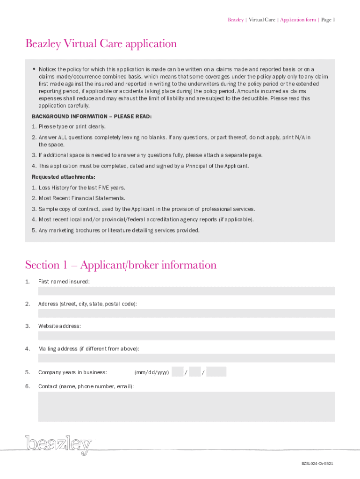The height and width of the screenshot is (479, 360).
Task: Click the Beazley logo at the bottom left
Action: (58, 445)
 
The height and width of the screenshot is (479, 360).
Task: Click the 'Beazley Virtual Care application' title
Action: (101, 44)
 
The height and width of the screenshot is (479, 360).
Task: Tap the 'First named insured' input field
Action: (186, 291)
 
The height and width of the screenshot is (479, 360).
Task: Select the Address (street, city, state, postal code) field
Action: (186, 313)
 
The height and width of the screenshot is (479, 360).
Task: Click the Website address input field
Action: (186, 336)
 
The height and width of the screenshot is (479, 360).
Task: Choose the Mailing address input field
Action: (186, 358)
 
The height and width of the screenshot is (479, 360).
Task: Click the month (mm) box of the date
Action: (177, 372)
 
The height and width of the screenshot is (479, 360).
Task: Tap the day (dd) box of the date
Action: (195, 372)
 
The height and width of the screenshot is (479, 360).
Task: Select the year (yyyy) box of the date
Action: (216, 372)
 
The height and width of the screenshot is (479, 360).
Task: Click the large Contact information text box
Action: (186, 406)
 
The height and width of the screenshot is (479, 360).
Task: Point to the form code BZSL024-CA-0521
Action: (317, 464)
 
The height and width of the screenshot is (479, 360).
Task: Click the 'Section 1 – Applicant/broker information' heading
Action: (121, 265)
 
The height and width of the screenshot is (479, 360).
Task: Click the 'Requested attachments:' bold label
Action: (64, 177)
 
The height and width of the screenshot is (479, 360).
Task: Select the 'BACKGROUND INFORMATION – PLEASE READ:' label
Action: (92, 116)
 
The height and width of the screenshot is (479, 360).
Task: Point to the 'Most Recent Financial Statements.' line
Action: (82, 198)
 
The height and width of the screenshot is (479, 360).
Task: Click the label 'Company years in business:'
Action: (72, 372)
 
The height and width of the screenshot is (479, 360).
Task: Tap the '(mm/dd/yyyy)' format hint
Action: (151, 372)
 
